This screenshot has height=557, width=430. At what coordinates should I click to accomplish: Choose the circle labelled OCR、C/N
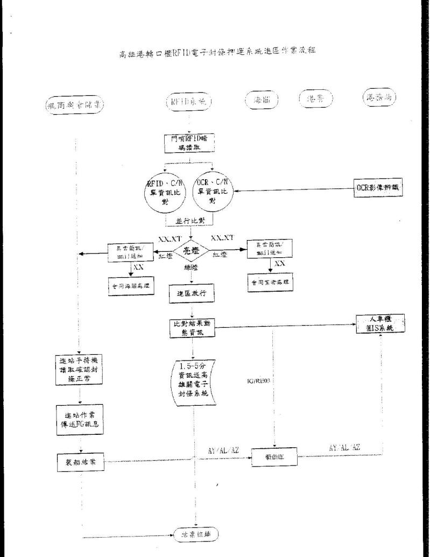click(x=214, y=189)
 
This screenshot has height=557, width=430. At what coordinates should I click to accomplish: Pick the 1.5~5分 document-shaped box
click(x=193, y=380)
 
